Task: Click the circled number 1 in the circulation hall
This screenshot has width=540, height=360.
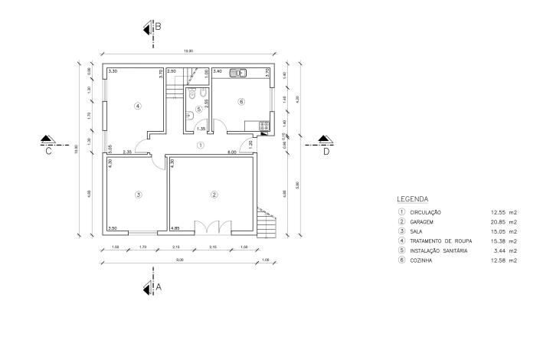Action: tap(200, 144)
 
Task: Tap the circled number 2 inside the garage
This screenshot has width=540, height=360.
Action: tap(214, 195)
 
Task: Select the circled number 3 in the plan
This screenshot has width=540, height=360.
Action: tap(138, 195)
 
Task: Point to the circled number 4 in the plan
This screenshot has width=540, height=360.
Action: tap(138, 106)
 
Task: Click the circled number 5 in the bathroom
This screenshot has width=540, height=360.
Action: tap(199, 110)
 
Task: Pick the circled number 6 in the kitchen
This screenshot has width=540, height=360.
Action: tap(241, 101)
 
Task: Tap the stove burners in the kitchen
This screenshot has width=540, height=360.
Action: tap(264, 125)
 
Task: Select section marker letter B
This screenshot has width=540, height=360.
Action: tap(158, 26)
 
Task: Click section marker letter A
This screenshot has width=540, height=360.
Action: tap(159, 287)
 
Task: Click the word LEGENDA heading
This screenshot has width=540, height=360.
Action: tap(412, 198)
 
